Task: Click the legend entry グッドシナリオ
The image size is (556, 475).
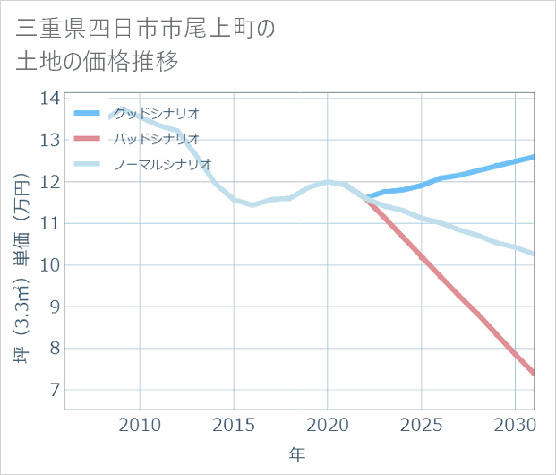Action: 156,113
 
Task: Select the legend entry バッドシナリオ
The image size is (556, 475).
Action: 156,139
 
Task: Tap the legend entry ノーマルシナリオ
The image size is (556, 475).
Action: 162,164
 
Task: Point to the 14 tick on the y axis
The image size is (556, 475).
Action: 49,99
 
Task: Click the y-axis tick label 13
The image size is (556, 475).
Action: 49,140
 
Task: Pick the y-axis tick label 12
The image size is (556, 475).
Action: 49,182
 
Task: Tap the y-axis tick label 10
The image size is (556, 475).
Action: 49,265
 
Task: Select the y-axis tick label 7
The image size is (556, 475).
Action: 53,390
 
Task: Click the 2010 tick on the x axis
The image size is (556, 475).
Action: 141,424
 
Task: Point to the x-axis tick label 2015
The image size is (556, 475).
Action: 234,424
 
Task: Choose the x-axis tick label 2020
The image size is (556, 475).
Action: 328,424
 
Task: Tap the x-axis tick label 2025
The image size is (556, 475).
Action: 421,424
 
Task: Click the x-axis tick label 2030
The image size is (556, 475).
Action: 515,424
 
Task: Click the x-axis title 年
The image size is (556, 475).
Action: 298,455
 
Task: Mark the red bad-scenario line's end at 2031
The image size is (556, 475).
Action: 534,374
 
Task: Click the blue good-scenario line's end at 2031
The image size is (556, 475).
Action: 534,157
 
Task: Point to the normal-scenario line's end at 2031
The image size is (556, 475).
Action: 534,254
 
